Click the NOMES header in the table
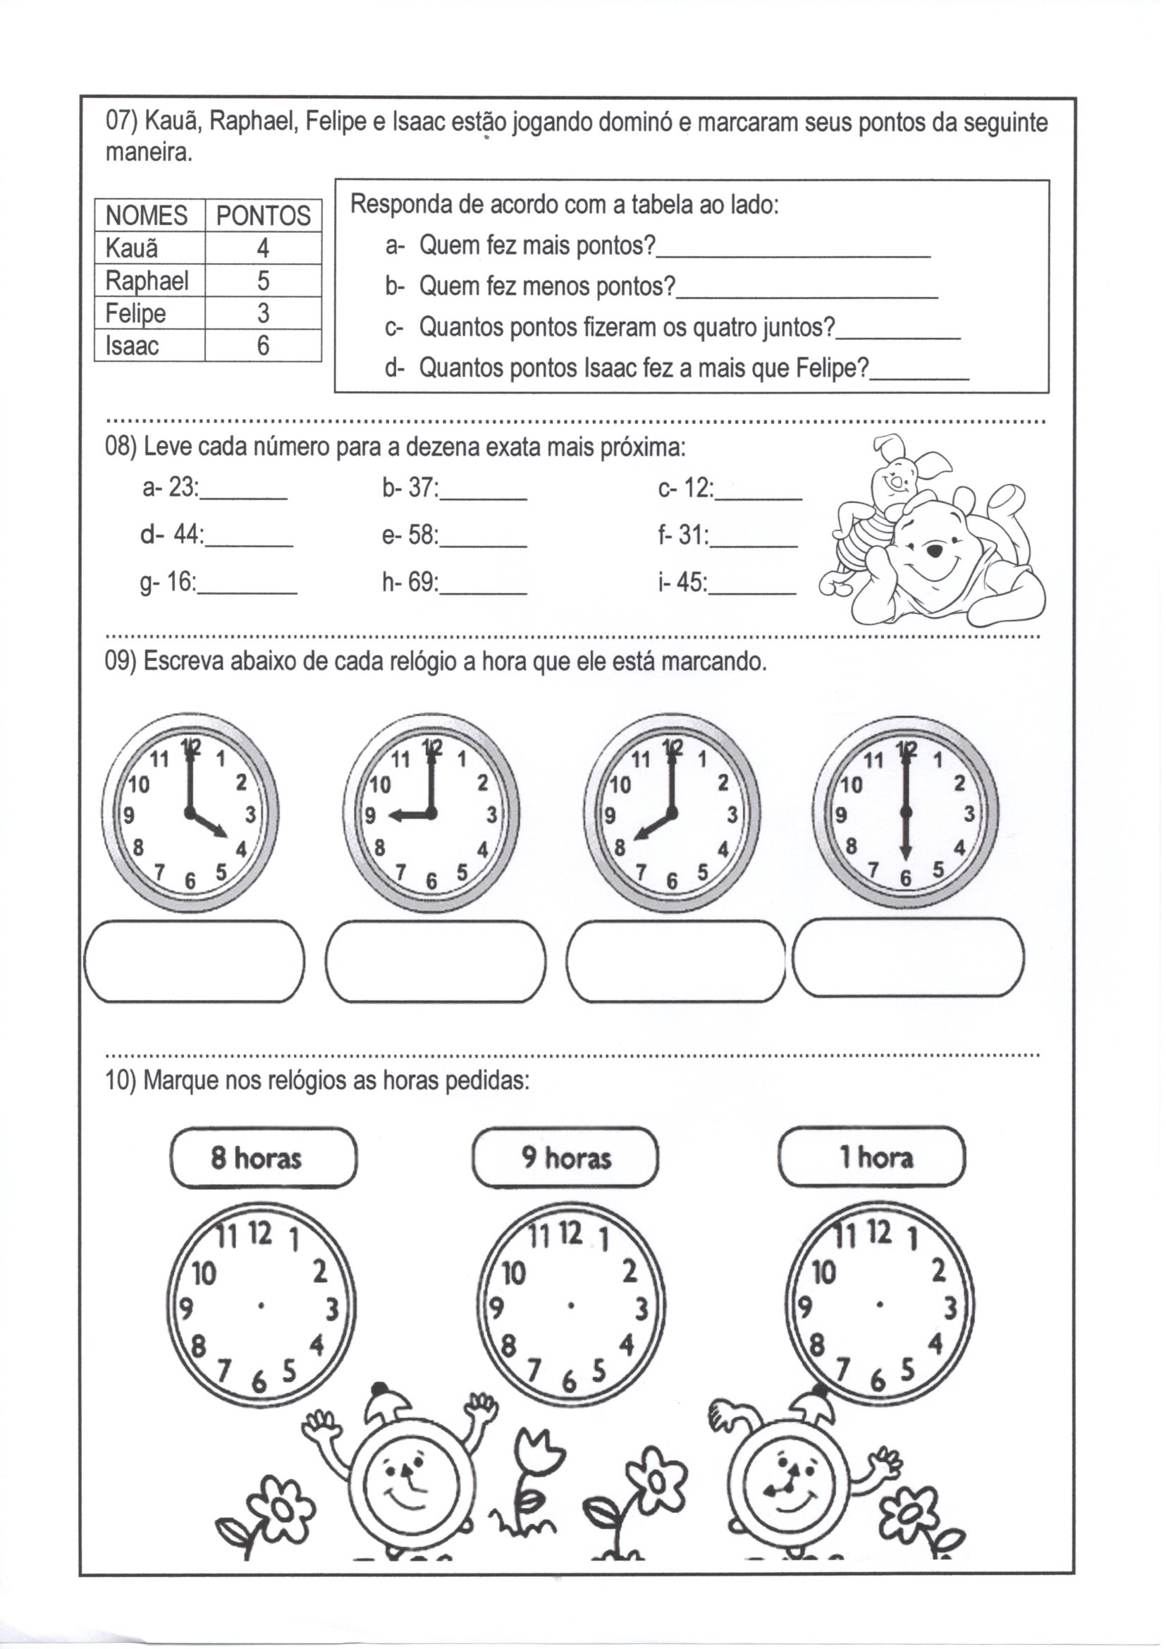(x=146, y=215)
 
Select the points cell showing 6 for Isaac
(x=263, y=346)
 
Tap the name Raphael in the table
(x=147, y=281)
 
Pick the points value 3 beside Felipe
(x=263, y=313)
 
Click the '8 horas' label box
(x=263, y=1157)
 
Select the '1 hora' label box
(x=871, y=1157)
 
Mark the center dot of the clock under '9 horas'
(x=570, y=1305)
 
